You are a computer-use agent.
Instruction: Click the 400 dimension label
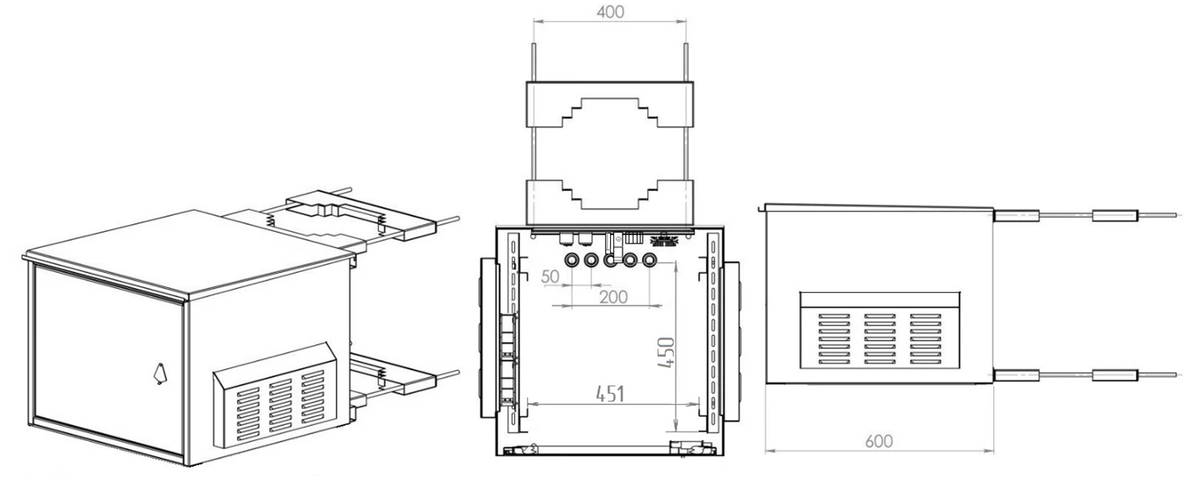coord(610,12)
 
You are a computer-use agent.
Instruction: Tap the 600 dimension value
coord(878,441)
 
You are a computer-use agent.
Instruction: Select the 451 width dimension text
coord(610,394)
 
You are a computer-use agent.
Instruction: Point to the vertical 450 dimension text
coord(666,353)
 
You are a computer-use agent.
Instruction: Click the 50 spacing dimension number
coord(550,276)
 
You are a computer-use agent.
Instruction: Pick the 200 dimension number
coord(613,297)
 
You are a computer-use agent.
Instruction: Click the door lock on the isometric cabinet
coord(160,373)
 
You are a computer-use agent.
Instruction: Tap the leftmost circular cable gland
coord(572,259)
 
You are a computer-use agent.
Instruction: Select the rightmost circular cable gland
coord(650,259)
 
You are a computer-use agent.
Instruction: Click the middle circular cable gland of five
coord(611,259)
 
